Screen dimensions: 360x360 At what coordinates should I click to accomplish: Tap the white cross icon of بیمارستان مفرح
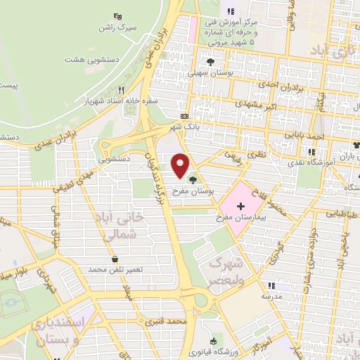[241, 207]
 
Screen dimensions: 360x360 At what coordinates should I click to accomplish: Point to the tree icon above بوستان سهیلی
[209, 61]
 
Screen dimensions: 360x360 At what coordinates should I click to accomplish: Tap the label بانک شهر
[184, 128]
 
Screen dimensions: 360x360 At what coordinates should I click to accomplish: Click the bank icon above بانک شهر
[184, 116]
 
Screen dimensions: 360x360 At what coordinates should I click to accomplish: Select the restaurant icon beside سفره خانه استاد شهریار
[122, 89]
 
